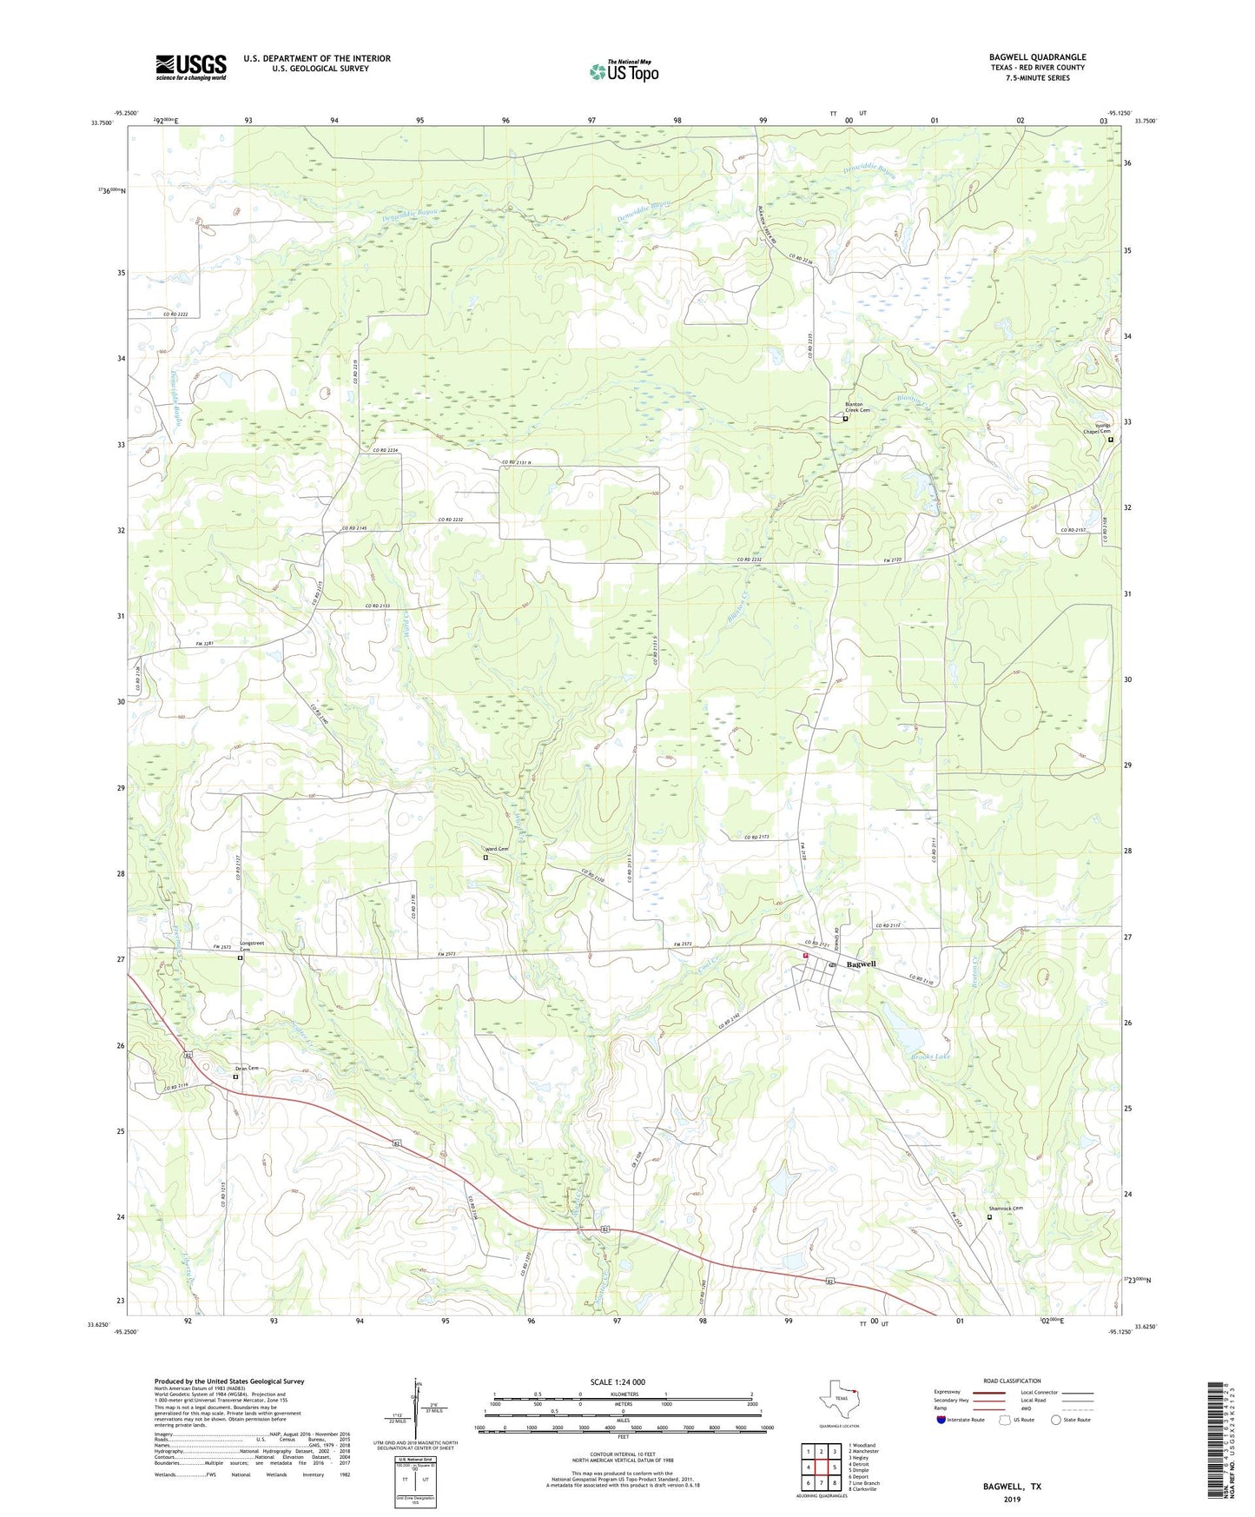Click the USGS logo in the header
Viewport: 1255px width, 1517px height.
click(190, 67)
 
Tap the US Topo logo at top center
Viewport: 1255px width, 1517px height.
click(624, 71)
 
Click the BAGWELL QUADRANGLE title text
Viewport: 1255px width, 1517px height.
click(1037, 57)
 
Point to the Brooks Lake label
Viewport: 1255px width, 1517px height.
click(930, 1057)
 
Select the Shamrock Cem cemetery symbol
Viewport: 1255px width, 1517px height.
click(988, 1216)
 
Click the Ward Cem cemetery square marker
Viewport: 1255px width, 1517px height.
click(485, 858)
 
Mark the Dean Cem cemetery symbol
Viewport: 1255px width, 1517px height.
click(235, 1076)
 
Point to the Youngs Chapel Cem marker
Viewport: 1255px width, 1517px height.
click(1110, 440)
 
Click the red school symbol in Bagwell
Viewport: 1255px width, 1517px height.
click(806, 956)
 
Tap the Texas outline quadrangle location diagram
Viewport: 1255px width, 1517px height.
click(839, 1401)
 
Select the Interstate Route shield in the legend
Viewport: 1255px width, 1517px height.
click(942, 1420)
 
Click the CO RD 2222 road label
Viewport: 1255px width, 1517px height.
click(175, 314)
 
